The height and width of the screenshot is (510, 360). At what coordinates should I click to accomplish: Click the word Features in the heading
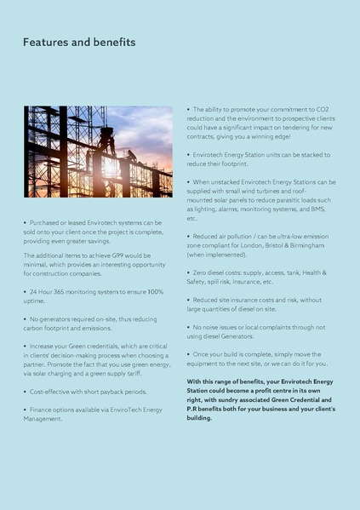[46, 42]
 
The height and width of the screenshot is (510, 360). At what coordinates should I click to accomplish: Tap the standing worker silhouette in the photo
[108, 140]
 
